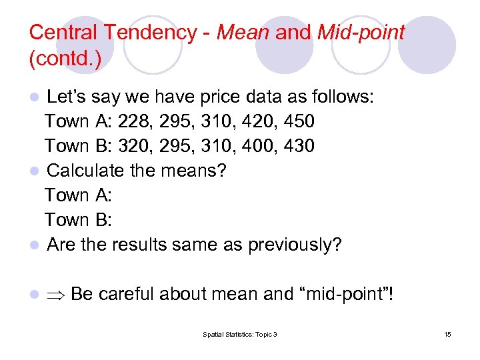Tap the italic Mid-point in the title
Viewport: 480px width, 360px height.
pos(361,32)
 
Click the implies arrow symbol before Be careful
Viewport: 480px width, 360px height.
pos(55,294)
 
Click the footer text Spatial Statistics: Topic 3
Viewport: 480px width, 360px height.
pos(240,333)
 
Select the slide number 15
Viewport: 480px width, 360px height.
pos(447,333)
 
